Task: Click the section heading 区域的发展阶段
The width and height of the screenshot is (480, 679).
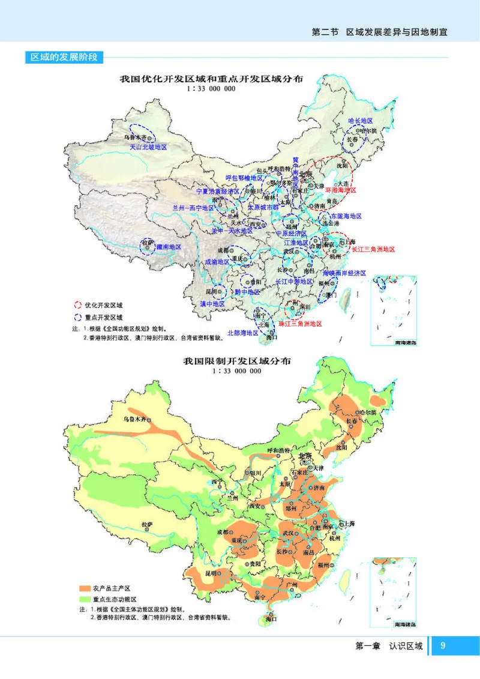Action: (67, 58)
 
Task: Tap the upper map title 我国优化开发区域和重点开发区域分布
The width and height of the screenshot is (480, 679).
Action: (211, 79)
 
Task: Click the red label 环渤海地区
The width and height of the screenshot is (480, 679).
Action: (341, 190)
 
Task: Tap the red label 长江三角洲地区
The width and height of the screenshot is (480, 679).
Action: (373, 249)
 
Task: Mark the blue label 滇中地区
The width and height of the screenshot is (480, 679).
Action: (212, 304)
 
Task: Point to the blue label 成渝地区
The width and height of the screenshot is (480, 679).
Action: (217, 262)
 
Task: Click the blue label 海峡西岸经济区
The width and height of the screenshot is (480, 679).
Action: (344, 272)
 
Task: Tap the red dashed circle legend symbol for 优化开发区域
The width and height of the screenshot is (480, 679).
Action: (77, 304)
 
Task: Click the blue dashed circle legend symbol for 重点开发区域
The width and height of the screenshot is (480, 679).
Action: (77, 317)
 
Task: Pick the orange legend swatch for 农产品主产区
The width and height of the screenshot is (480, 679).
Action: (82, 588)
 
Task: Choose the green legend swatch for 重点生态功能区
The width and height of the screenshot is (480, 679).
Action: (82, 599)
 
